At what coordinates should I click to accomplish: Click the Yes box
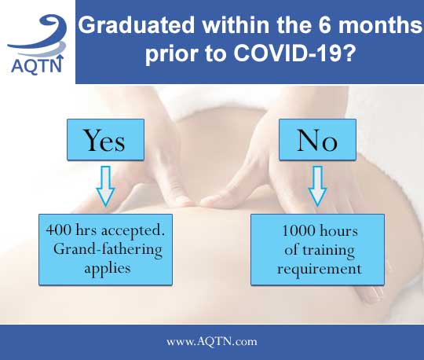tap(105, 139)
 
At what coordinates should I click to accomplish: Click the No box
tap(317, 139)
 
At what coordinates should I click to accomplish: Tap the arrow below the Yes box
tap(105, 186)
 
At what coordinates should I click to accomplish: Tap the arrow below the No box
tap(317, 186)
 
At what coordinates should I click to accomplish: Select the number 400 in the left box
tap(59, 230)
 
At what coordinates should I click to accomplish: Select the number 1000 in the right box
tap(298, 230)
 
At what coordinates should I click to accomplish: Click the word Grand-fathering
tap(108, 250)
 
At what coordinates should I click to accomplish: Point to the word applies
tap(108, 269)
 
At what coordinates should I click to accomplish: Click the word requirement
tap(320, 270)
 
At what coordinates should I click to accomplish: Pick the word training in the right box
tap(328, 250)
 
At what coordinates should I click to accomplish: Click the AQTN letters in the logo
tap(38, 64)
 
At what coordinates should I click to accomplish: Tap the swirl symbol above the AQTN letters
tap(38, 35)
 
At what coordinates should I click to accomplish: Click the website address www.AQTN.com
tap(212, 342)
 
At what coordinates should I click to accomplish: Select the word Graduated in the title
tap(137, 25)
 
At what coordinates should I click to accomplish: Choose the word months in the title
tap(380, 25)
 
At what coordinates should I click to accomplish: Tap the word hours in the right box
tap(339, 230)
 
